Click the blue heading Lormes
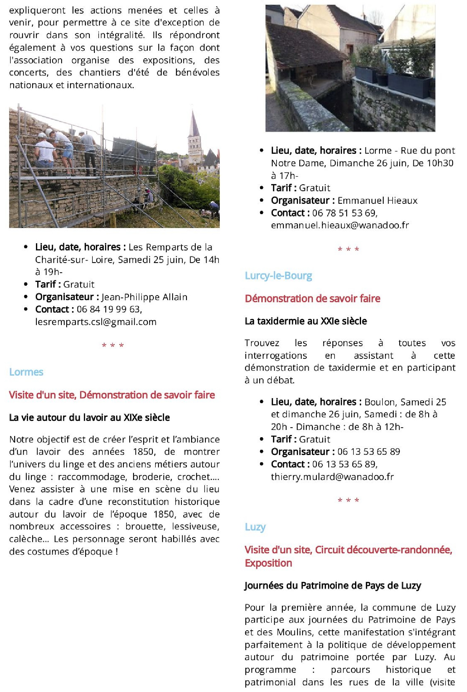tap(26, 372)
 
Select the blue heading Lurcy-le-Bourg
tap(278, 276)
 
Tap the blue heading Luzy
tap(255, 527)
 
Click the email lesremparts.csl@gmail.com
tap(96, 322)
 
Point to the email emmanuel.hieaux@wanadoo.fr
tap(340, 225)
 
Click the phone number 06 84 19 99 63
tap(109, 309)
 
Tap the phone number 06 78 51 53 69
tap(344, 213)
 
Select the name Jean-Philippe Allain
tap(144, 297)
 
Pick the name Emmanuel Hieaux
tap(377, 201)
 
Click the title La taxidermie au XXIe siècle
tap(306, 321)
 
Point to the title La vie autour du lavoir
tap(89, 418)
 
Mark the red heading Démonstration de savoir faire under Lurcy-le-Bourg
tap(312, 299)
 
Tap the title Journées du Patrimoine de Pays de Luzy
tap(333, 586)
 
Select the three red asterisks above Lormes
tap(113, 346)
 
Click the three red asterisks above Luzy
tap(348, 500)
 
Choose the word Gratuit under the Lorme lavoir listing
tap(314, 188)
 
